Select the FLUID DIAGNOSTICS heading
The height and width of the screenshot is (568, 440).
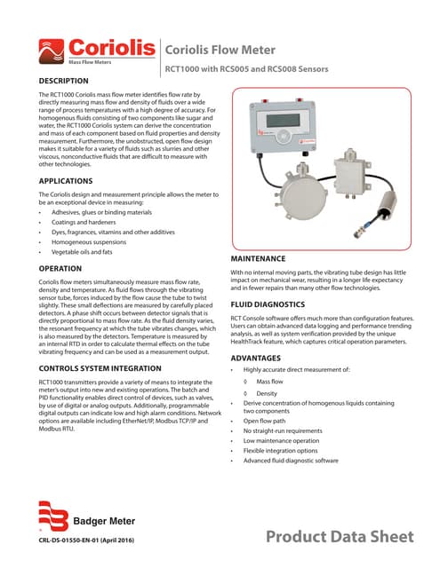click(267, 303)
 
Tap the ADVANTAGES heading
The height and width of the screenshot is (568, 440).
click(256, 358)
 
